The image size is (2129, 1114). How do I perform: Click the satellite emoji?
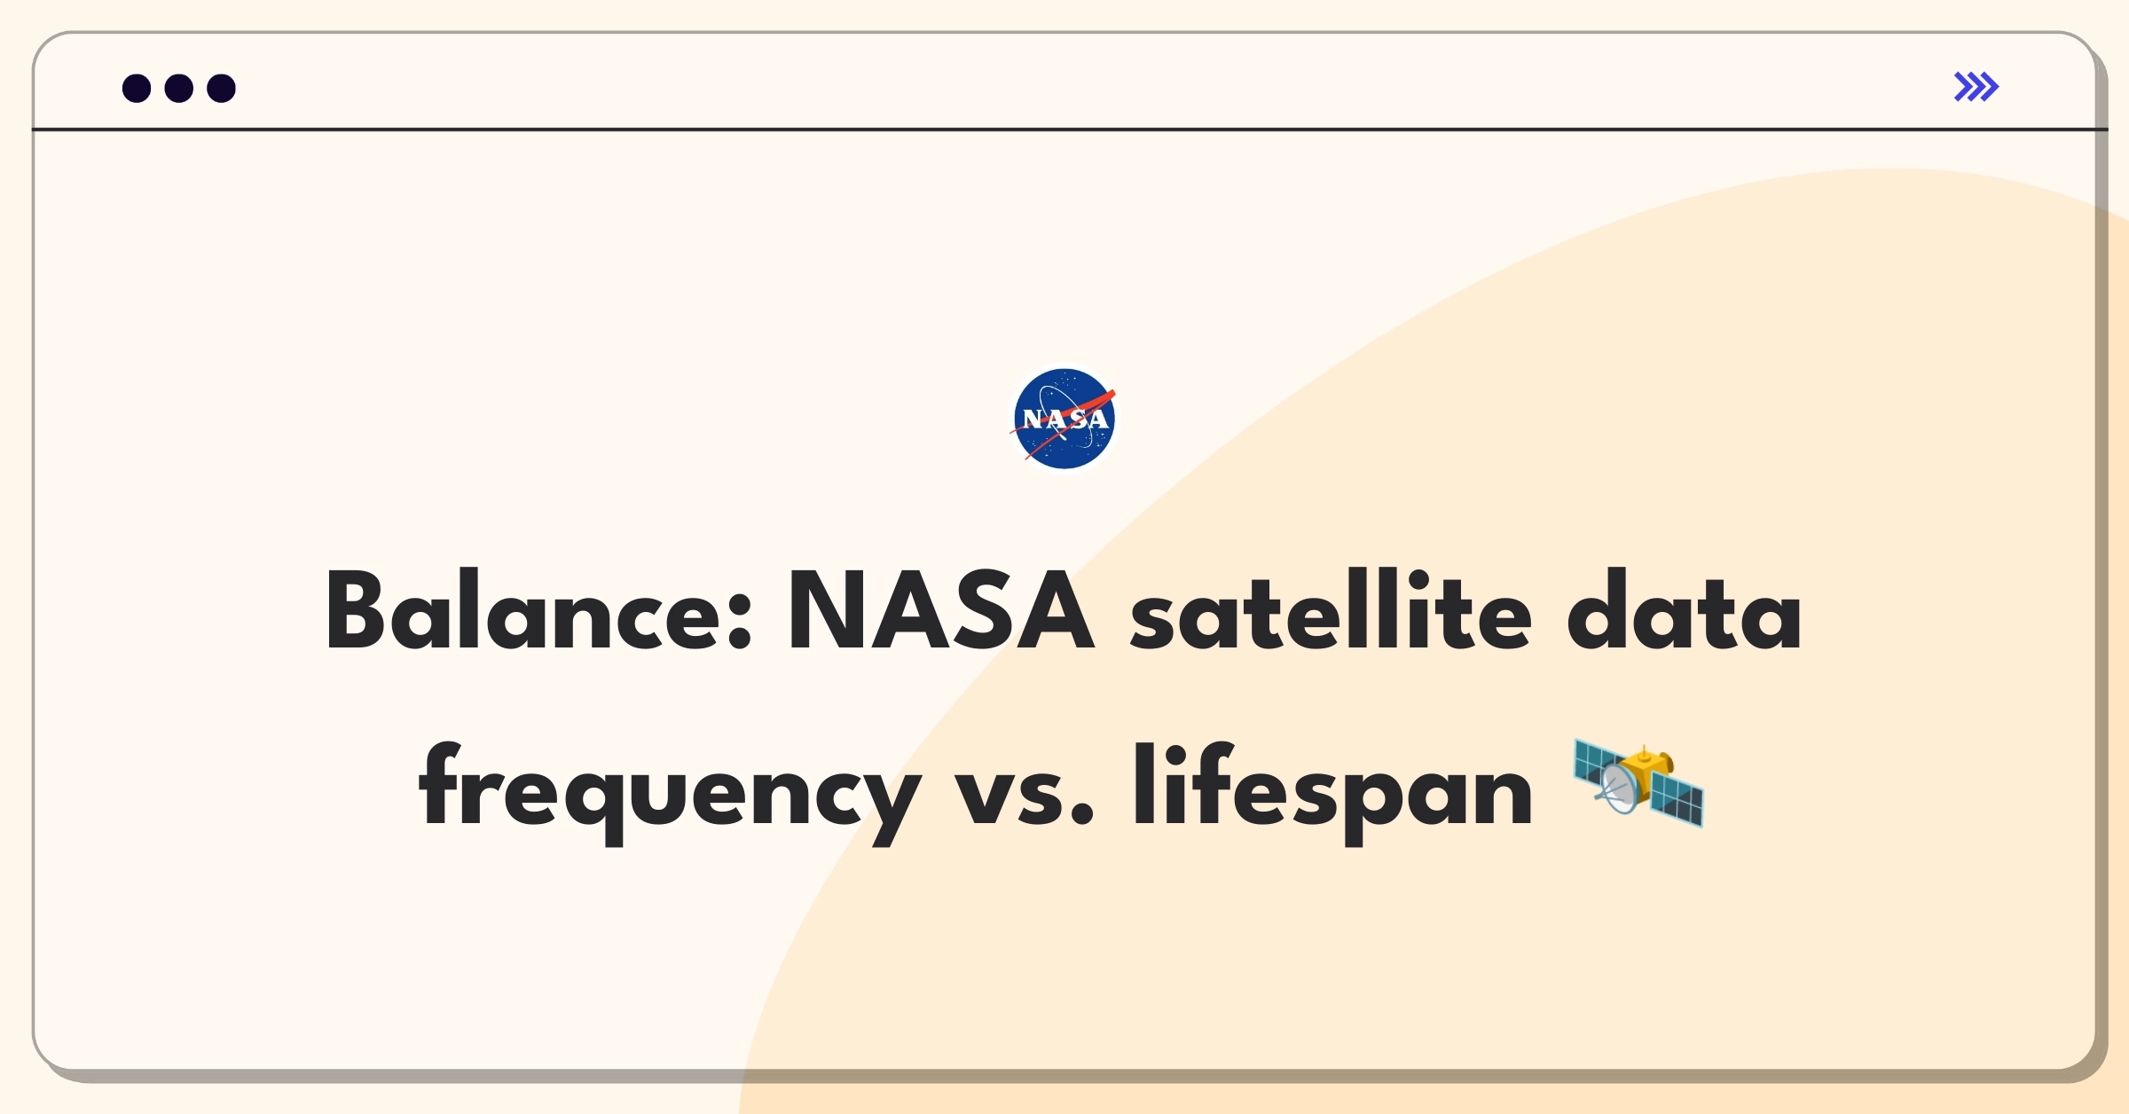(1638, 784)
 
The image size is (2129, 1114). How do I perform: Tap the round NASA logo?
(1064, 419)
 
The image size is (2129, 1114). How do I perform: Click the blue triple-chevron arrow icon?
(1976, 87)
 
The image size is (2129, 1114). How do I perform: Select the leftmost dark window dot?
(137, 88)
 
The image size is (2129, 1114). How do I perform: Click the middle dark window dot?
(179, 88)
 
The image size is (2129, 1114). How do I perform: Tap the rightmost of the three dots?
(221, 88)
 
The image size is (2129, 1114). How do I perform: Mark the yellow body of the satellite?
(1650, 770)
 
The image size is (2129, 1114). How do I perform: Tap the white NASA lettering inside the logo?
(1065, 419)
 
